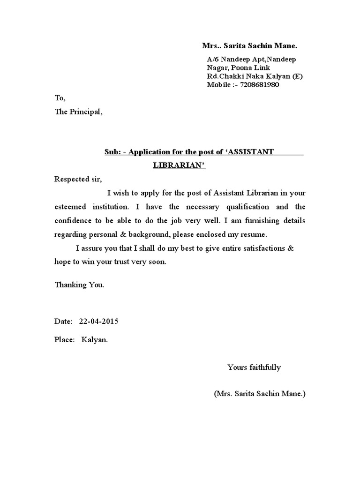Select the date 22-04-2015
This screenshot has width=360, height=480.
tap(98, 322)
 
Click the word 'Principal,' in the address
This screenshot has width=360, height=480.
tap(85, 112)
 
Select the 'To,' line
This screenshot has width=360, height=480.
tap(60, 98)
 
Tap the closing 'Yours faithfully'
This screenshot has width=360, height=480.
tap(254, 367)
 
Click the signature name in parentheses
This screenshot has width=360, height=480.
tap(260, 394)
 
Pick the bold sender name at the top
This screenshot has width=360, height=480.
tap(249, 46)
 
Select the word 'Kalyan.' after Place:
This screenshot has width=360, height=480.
tap(95, 340)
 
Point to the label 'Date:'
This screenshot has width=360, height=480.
tap(63, 322)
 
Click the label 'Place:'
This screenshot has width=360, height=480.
tap(65, 340)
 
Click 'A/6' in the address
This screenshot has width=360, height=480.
tap(213, 60)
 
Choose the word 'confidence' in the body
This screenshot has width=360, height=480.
tap(73, 220)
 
